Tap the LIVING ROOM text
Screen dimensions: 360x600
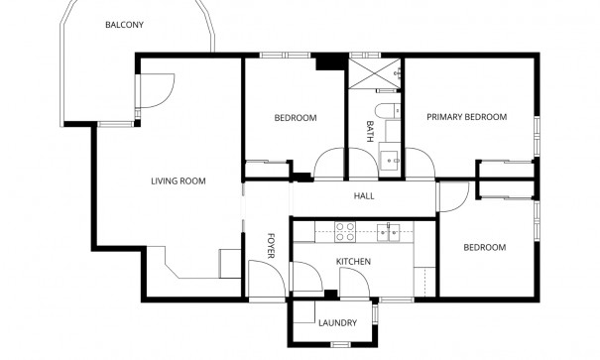[x=178, y=180]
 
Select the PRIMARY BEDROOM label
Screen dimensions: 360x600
[x=466, y=117]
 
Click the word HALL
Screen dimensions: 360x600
[x=364, y=196]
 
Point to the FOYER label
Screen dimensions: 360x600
[x=271, y=244]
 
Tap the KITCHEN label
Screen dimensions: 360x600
[x=353, y=262]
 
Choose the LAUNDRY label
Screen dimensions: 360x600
[x=337, y=323]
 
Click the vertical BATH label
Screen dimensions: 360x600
[x=370, y=132]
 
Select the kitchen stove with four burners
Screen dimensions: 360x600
[x=345, y=232]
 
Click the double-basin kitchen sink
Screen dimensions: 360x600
[x=388, y=232]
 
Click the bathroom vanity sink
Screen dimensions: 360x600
[x=390, y=157]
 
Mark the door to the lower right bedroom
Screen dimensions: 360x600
[x=451, y=195]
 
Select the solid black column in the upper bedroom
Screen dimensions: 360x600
[x=324, y=62]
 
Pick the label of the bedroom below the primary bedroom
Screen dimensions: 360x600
[x=485, y=247]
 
